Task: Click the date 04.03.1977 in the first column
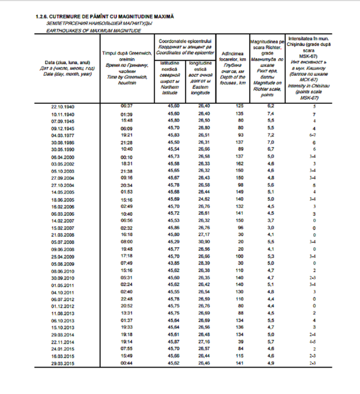coord(62,135)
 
